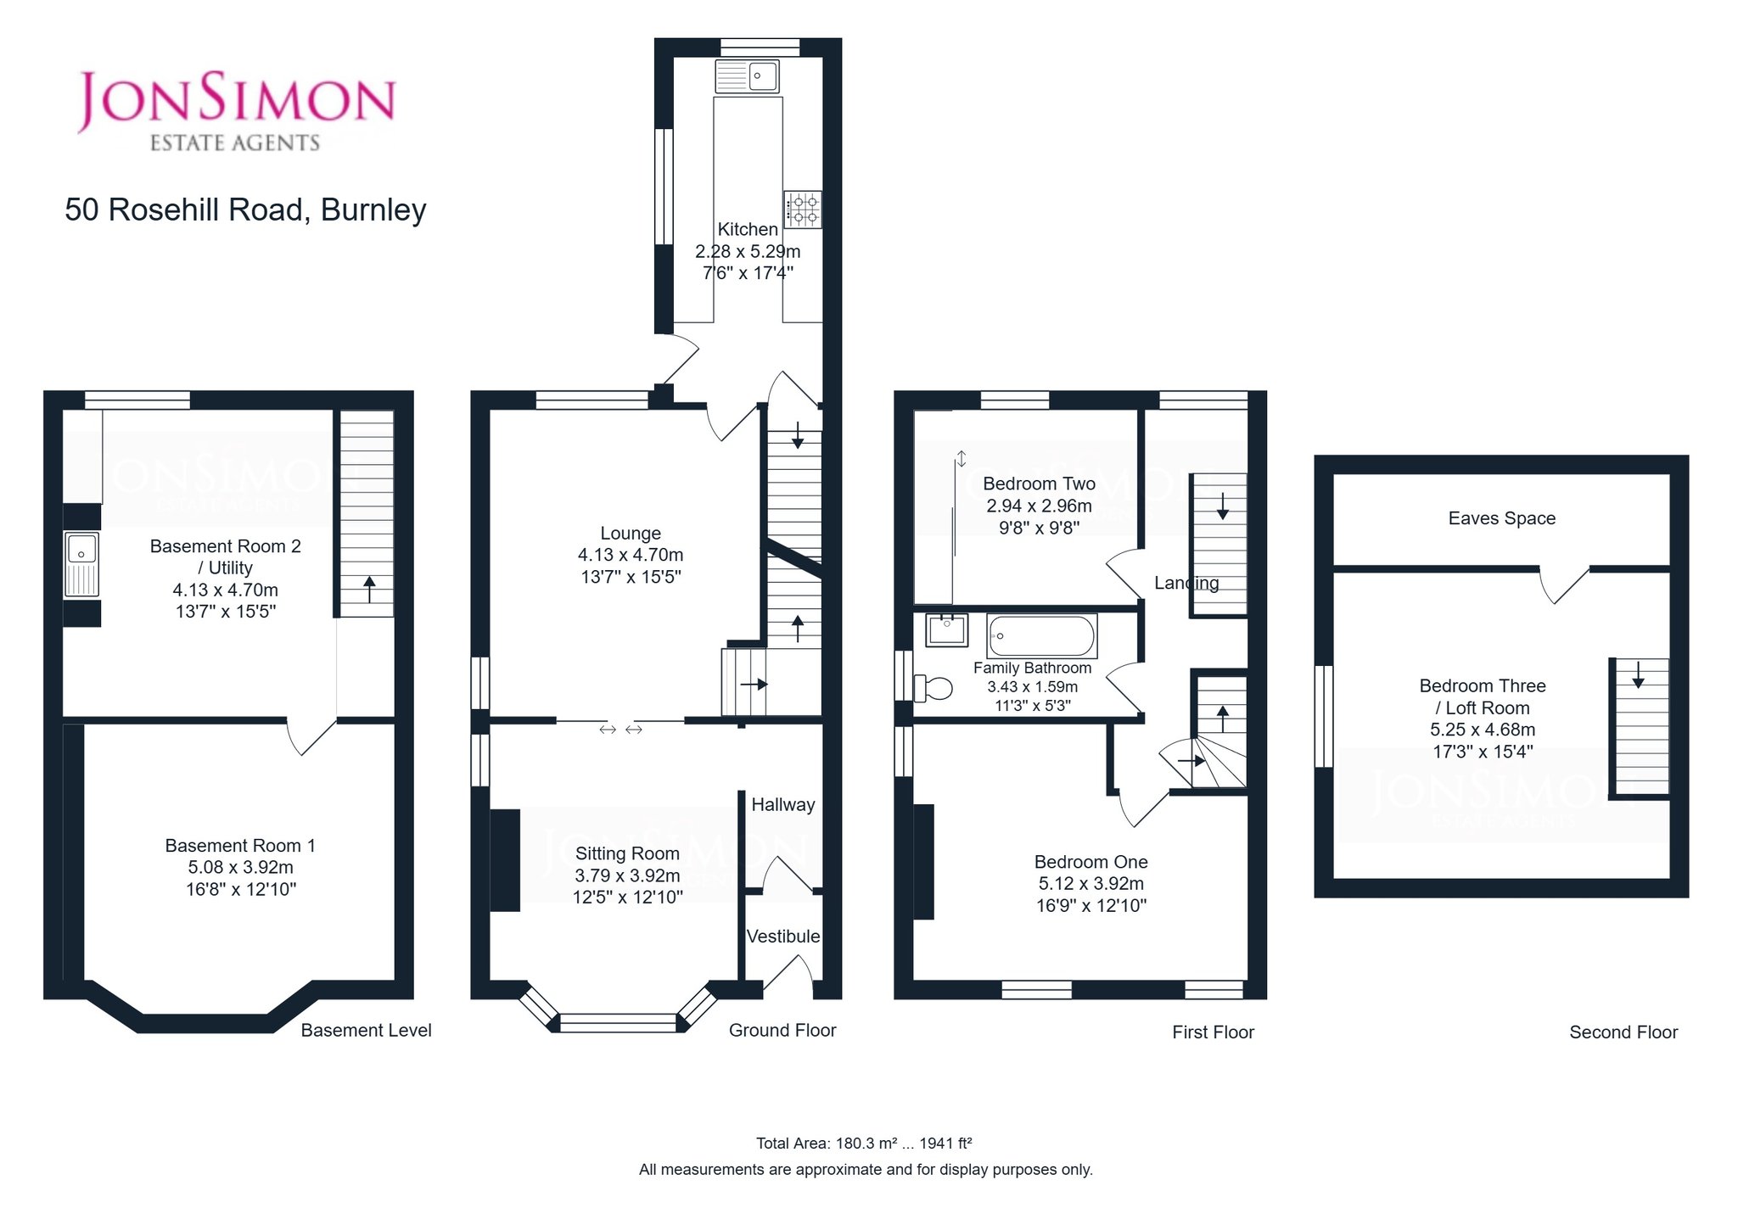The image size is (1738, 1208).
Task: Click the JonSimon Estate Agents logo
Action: [x=236, y=111]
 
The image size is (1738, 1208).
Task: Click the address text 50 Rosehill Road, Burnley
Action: [x=245, y=210]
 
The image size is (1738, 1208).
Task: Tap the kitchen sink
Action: [x=748, y=75]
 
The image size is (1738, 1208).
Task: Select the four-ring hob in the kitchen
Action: [x=803, y=210]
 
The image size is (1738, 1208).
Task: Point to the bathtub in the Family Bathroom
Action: [x=1041, y=635]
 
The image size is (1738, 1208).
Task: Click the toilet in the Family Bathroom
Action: [x=933, y=687]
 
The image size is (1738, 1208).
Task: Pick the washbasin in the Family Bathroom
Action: [x=946, y=629]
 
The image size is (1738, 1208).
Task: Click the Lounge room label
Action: [x=631, y=534]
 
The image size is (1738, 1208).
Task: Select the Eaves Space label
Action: [x=1502, y=518]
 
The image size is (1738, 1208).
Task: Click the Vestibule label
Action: [x=783, y=937]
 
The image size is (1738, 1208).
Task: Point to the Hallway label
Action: [x=783, y=804]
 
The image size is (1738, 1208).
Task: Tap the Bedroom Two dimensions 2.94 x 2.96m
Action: [x=1039, y=506]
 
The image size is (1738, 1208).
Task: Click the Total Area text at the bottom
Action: [x=864, y=1144]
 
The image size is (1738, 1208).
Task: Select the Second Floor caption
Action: [x=1623, y=1032]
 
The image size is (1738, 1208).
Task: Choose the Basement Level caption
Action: [x=367, y=1031]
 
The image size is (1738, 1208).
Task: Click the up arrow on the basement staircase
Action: [x=369, y=589]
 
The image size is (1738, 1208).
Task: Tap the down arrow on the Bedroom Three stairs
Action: [x=1638, y=674]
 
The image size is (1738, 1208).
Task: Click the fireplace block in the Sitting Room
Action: [x=505, y=860]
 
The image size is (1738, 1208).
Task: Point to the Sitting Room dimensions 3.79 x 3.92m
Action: [x=627, y=875]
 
